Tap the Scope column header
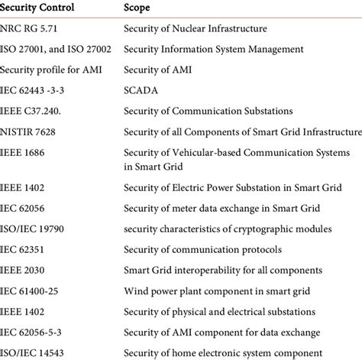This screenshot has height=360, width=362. [137, 9]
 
